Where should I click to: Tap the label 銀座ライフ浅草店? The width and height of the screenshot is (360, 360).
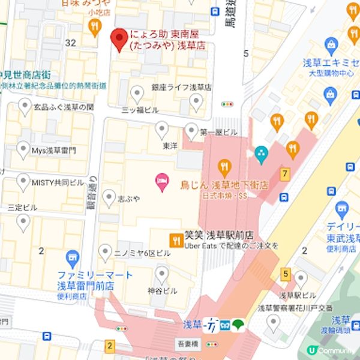181,87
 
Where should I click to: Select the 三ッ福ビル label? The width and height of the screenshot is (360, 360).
140,110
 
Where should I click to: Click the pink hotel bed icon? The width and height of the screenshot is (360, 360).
161,179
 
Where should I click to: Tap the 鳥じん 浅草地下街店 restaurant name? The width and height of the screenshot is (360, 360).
224,185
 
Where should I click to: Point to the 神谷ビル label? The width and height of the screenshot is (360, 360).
162,290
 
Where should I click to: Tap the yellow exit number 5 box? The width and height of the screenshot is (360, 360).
285,275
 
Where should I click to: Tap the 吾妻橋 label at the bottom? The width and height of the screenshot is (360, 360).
188,344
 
